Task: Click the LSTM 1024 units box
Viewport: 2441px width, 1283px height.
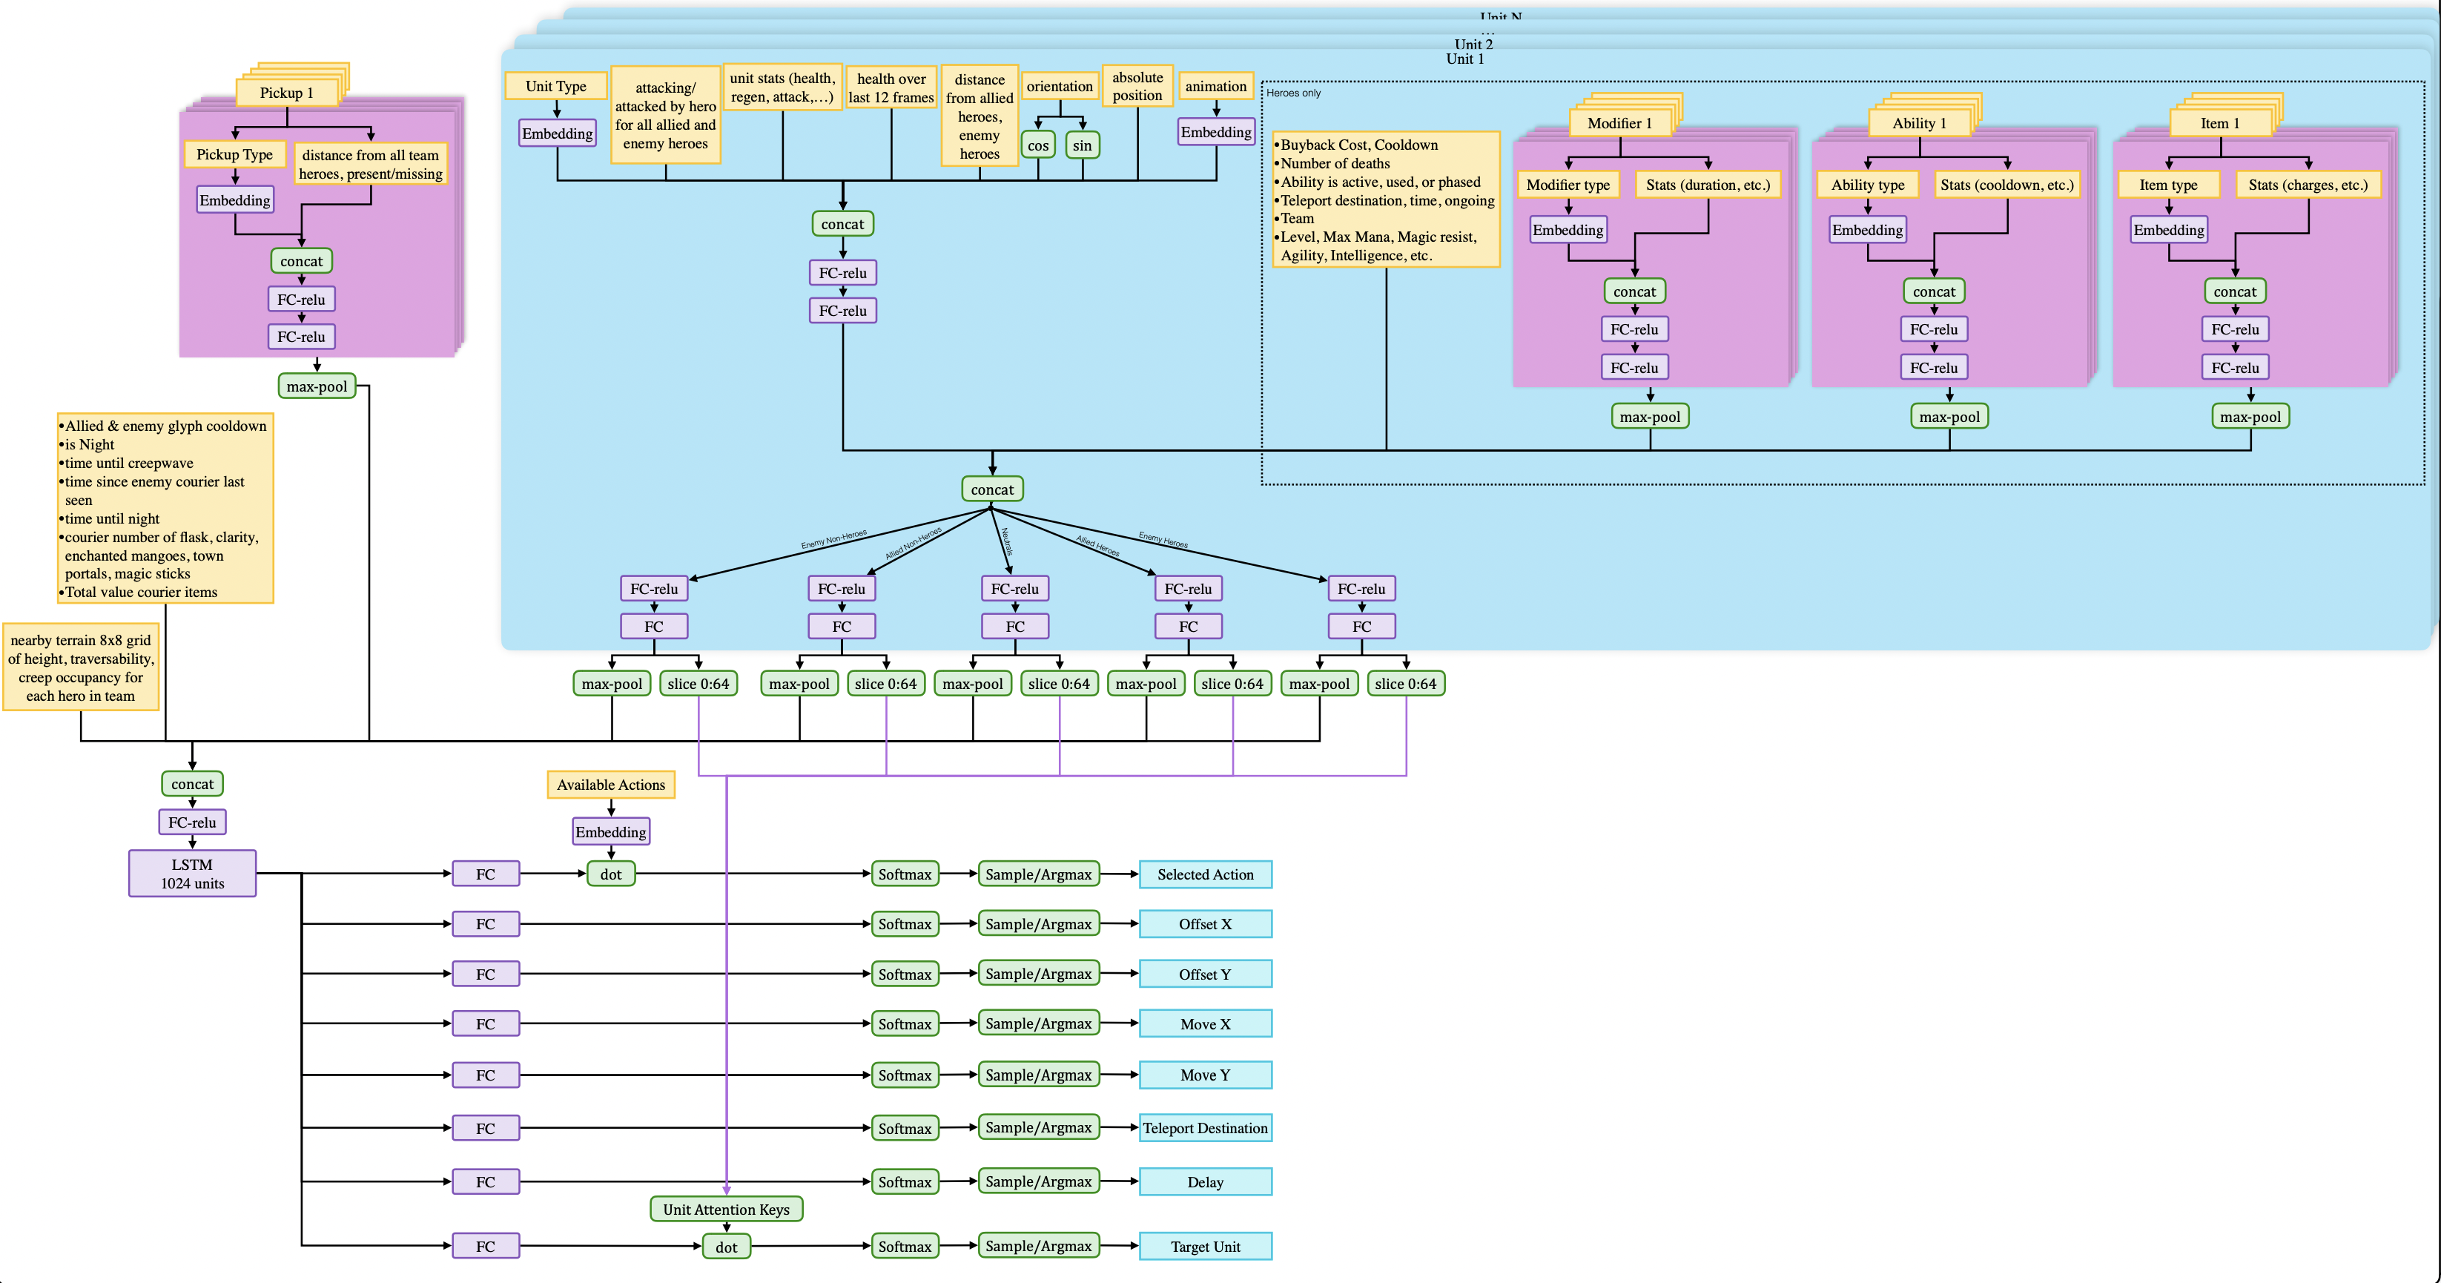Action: [x=192, y=873]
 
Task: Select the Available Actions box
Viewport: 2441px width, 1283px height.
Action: [x=610, y=785]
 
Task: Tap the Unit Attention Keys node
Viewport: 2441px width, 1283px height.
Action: [x=726, y=1209]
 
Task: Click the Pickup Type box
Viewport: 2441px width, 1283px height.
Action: [x=234, y=154]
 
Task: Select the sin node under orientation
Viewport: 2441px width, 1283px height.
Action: [x=1082, y=145]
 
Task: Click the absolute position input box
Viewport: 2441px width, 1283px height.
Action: [x=1137, y=86]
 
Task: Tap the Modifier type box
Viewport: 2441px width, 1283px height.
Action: [x=1568, y=185]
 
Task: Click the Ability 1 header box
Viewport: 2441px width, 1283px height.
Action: [x=1919, y=123]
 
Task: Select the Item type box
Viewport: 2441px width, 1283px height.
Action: [x=2168, y=185]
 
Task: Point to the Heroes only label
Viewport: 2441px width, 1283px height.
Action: [x=1292, y=93]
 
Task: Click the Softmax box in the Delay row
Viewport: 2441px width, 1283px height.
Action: [x=904, y=1181]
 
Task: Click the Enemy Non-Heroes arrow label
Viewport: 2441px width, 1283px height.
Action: [x=834, y=539]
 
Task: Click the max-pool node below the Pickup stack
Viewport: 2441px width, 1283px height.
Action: [x=317, y=386]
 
